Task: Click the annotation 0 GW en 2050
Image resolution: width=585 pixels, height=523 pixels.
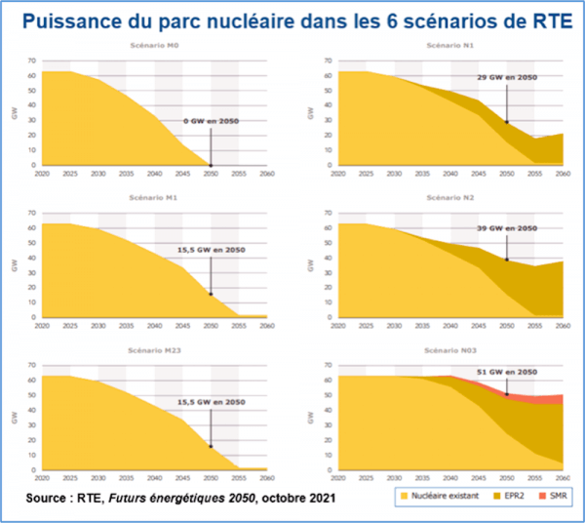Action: point(212,121)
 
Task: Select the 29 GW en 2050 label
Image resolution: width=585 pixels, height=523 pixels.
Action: point(506,77)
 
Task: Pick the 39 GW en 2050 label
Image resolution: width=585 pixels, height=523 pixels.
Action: point(506,227)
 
